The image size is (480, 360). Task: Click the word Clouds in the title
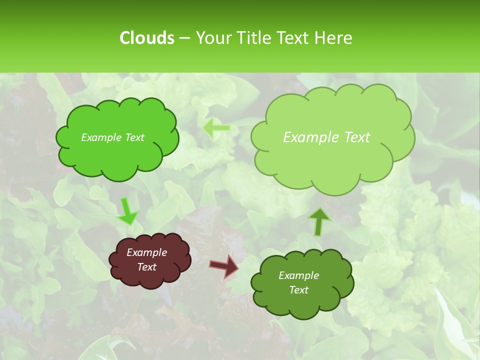pos(146,38)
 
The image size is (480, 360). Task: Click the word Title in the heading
pos(252,38)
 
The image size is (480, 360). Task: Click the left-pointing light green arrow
pos(216,128)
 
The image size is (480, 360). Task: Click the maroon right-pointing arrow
pos(224,265)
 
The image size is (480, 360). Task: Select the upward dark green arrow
pos(319,221)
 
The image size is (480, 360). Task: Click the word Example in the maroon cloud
pos(146,252)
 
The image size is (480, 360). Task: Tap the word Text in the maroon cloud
pos(146,267)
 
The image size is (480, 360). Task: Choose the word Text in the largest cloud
pos(357,137)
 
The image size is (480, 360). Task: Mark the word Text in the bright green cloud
pos(134,137)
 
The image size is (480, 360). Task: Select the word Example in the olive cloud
pos(298,275)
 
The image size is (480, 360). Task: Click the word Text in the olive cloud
pos(298,290)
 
